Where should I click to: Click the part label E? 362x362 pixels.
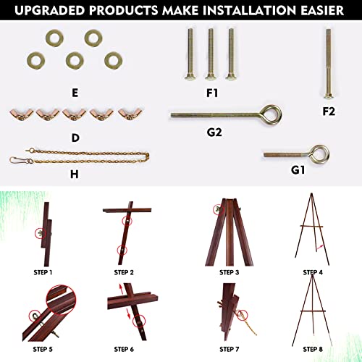coord(75,92)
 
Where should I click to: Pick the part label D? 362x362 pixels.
coord(75,135)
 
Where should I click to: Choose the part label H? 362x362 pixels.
coord(74,174)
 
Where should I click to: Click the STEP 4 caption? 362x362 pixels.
coord(313,272)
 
